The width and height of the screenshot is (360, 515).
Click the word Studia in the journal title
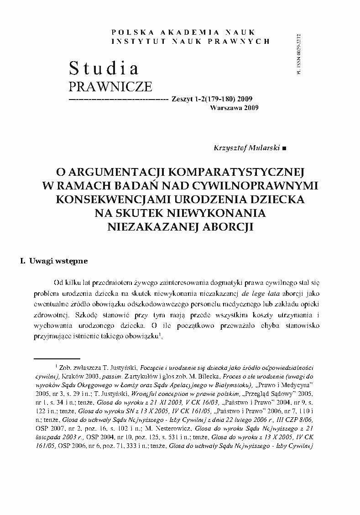pyautogui.click(x=104, y=68)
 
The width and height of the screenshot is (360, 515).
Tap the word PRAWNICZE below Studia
pyautogui.click(x=110, y=86)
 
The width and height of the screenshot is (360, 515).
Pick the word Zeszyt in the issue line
pyautogui.click(x=180, y=99)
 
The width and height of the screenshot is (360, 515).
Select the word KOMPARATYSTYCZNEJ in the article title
pyautogui.click(x=235, y=172)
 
